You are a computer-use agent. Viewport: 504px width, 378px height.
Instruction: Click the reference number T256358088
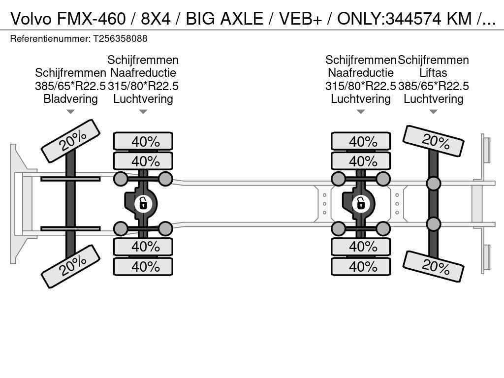(120, 38)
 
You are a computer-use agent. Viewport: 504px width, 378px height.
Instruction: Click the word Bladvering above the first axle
(70, 98)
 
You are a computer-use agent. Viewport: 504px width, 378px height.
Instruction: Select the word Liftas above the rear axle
(433, 73)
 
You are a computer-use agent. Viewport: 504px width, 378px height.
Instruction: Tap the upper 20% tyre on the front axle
(71, 141)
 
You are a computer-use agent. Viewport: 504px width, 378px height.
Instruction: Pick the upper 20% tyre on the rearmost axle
(433, 141)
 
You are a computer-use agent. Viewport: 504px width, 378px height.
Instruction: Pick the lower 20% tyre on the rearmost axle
(433, 266)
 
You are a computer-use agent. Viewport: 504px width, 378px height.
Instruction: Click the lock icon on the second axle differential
(143, 203)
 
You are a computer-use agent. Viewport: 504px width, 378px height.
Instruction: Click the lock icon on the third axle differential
(361, 203)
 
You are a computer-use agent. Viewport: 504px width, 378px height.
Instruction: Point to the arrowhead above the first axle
(70, 112)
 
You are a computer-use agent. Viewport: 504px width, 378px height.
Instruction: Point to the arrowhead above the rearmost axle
(433, 112)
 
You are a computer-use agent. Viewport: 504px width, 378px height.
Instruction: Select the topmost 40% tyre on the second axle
(143, 141)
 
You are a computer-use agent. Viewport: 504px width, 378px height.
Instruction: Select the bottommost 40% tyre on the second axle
(143, 266)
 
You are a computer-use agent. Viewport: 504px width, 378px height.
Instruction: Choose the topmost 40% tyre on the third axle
(361, 141)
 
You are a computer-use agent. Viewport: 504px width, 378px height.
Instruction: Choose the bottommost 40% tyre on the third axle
(361, 266)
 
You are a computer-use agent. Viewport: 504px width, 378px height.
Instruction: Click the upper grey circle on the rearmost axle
(433, 184)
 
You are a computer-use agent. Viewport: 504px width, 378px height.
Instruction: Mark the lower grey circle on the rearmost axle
(433, 224)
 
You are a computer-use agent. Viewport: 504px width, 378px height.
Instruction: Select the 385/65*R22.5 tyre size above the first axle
(70, 86)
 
